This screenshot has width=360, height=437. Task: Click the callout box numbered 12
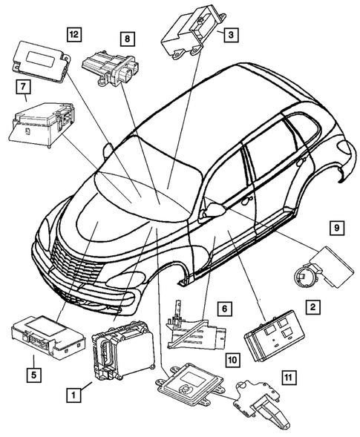pyautogui.click(x=73, y=33)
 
